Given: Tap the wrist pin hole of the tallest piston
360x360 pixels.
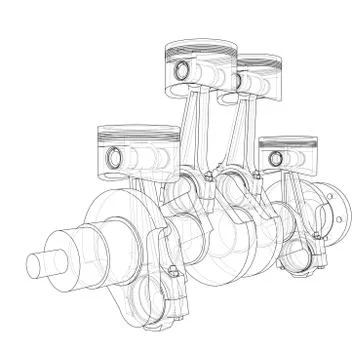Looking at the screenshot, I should point(180,71).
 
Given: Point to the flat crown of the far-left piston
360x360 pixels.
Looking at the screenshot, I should point(125,131).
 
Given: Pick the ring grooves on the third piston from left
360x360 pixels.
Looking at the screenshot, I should point(257,70).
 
